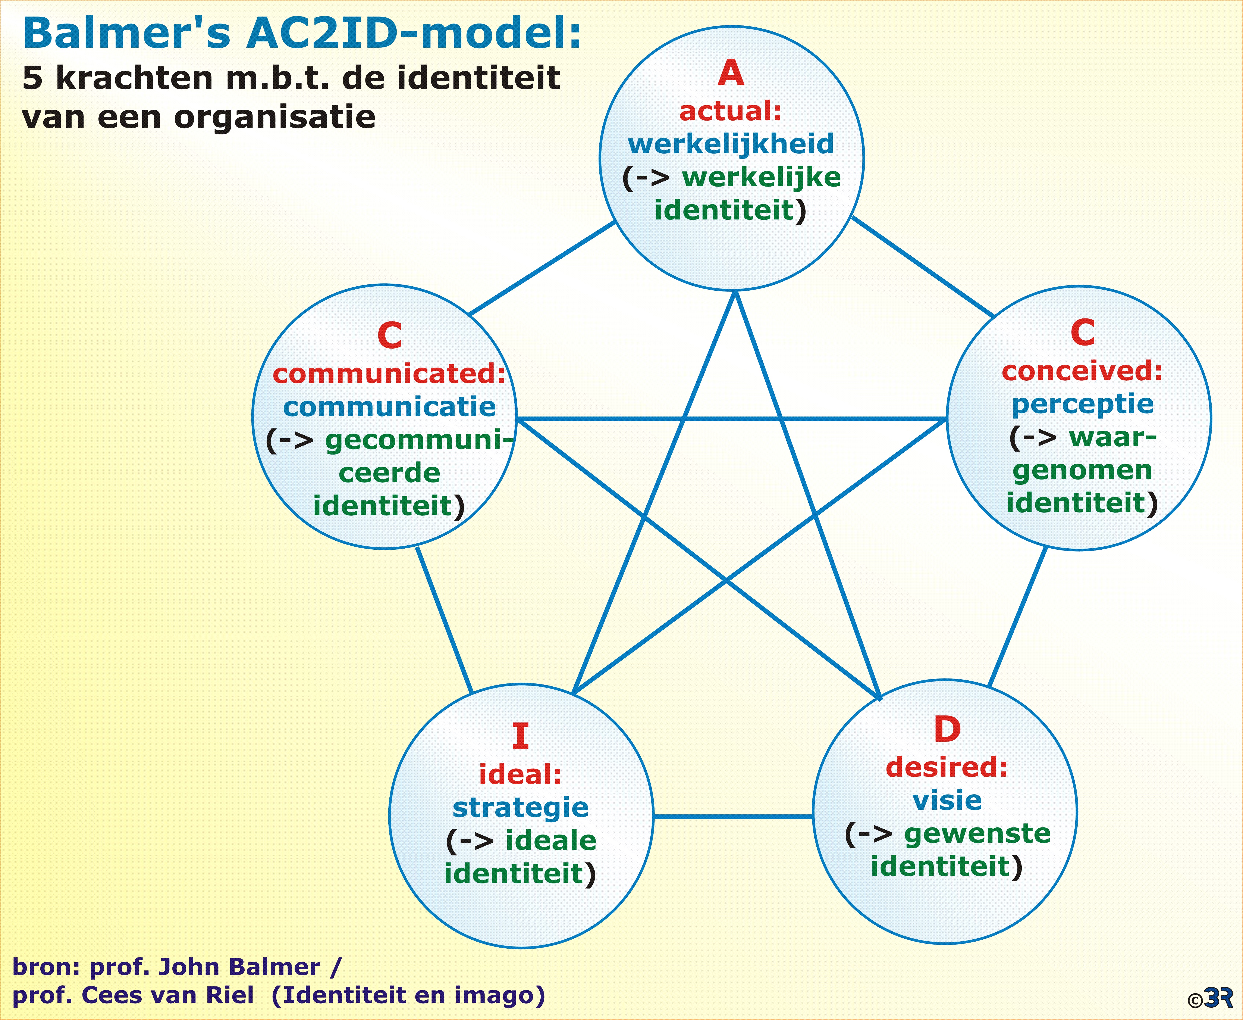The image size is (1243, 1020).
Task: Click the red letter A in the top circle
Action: (x=731, y=74)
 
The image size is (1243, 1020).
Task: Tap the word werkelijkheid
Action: (x=731, y=144)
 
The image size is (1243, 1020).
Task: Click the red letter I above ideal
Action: (x=520, y=736)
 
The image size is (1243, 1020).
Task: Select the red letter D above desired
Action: (x=947, y=730)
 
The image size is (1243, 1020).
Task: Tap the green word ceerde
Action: (x=389, y=473)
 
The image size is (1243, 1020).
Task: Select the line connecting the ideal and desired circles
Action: (x=733, y=816)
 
